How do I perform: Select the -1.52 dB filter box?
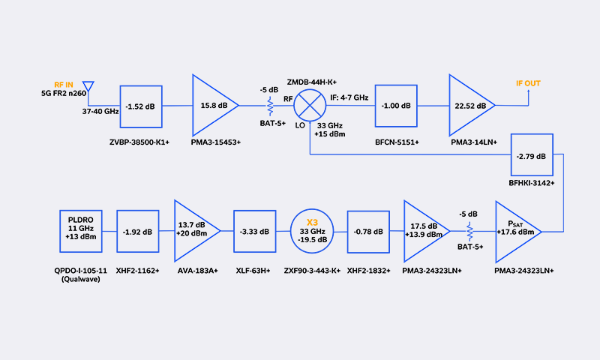(x=142, y=106)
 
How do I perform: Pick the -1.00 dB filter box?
(x=397, y=106)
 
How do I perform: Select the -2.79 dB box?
(x=531, y=156)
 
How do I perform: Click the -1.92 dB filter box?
(x=138, y=232)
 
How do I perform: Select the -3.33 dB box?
(x=256, y=232)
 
